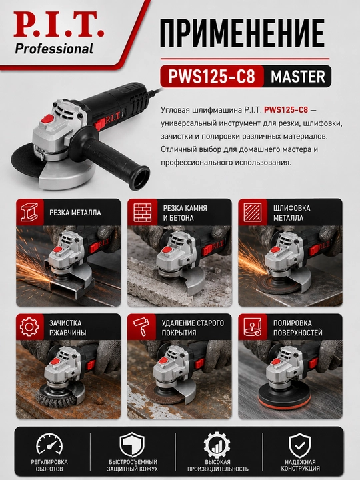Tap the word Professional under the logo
coord(54,49)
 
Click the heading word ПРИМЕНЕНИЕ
coord(242,33)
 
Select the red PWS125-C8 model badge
coord(212,76)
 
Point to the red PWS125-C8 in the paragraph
coord(286,109)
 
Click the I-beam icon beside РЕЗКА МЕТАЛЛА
coord(29,212)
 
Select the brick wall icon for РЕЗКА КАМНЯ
coord(143,212)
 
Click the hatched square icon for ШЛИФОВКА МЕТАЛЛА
coord(253,212)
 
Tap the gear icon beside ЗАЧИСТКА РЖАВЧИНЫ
coord(29,327)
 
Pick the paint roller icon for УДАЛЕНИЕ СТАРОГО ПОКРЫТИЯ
coord(141,327)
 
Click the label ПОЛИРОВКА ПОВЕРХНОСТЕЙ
coord(297,327)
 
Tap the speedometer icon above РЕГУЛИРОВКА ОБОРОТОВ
coord(49,443)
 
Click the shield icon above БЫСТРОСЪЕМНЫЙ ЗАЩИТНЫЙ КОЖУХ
coord(132,445)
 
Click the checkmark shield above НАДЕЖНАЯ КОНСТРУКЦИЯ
coord(300,445)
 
